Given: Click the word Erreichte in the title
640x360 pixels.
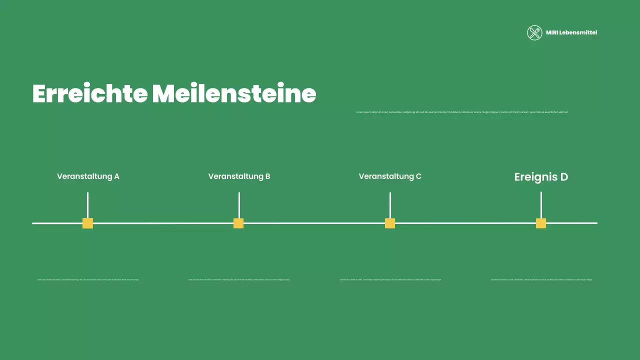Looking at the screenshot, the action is point(90,93).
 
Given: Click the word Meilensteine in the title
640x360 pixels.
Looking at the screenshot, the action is point(234,93).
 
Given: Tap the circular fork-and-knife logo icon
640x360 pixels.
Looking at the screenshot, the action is point(534,32).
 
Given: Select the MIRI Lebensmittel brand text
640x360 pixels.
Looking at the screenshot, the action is point(571,32).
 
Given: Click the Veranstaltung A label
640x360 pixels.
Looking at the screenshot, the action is point(88,176).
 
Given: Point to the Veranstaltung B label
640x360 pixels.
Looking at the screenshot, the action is point(239,176).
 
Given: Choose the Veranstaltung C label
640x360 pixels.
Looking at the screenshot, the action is point(390,176).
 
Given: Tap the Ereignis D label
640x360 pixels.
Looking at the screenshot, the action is point(541,177).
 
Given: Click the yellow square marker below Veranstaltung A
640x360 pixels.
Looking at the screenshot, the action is point(87,223).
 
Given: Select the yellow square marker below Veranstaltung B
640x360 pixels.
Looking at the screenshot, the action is point(238,223).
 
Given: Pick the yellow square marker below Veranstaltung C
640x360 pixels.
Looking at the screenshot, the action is point(390,223).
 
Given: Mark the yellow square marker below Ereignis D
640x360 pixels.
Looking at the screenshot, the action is point(541,223).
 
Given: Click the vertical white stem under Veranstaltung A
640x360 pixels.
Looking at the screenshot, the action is point(87,205).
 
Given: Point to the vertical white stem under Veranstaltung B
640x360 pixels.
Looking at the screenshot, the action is point(239,205).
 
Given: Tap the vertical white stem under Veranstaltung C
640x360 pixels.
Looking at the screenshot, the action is point(390,205).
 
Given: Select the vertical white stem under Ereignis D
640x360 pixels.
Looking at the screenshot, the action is point(541,205).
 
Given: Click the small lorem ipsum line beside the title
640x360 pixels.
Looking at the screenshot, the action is point(462,112).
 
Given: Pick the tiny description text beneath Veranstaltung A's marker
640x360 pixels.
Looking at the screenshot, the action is point(88,279).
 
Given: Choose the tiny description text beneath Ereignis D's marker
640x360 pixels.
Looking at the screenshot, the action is point(541,279).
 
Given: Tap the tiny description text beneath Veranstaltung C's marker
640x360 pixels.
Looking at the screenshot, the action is point(390,279).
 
